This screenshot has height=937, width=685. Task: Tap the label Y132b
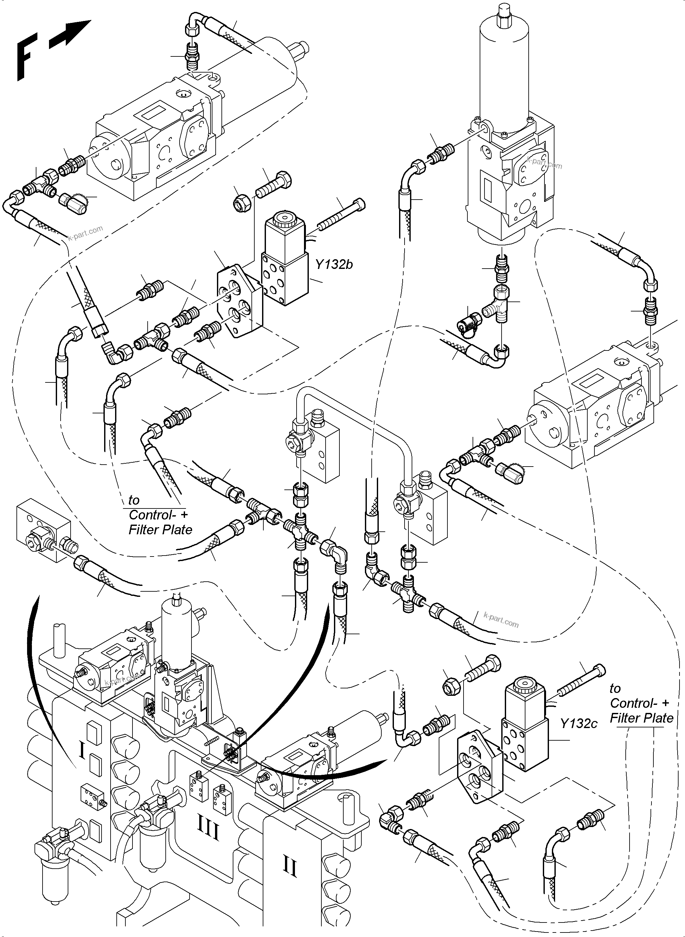[334, 264]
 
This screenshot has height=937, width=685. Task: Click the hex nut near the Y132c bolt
[452, 688]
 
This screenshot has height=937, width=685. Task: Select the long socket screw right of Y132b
[342, 215]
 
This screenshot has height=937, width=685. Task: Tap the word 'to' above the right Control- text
[615, 688]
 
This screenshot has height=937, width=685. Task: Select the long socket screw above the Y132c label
[581, 682]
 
